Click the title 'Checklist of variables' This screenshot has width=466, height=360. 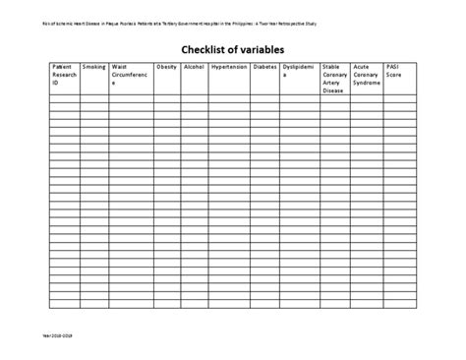pos(233,46)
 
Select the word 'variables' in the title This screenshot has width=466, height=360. pos(264,46)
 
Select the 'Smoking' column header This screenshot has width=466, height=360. pos(94,68)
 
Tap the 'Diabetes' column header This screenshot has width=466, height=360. pos(265,68)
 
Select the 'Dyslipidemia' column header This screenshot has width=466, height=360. pos(300,72)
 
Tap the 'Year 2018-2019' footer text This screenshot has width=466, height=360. pos(60,335)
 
